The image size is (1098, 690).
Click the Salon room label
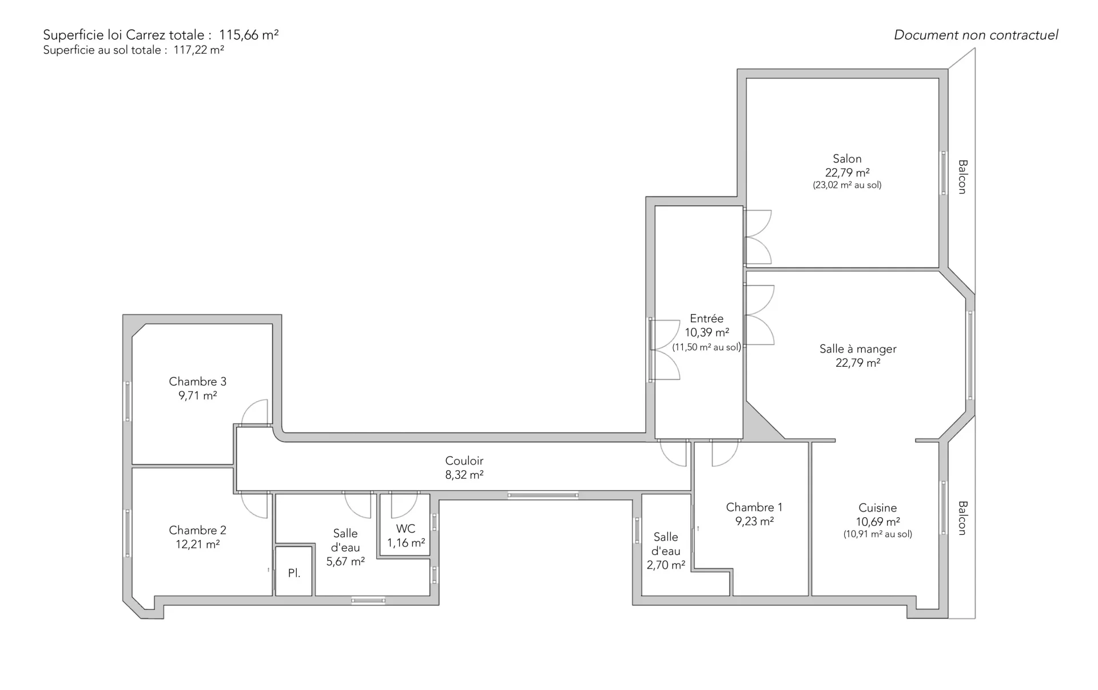[847, 158]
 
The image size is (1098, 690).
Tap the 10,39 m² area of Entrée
[707, 332]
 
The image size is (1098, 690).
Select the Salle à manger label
[858, 349]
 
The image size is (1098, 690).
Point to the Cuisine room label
[877, 507]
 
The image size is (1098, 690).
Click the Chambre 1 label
[754, 507]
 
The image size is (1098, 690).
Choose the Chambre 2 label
[197, 530]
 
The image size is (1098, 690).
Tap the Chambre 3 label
[197, 382]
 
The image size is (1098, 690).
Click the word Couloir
[464, 461]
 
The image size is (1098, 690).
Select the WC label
[405, 529]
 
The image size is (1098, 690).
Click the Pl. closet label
[294, 573]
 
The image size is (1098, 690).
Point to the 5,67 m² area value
[345, 562]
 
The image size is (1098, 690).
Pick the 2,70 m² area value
[666, 565]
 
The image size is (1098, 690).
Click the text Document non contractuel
[976, 35]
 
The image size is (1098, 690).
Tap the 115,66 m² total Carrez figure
[249, 35]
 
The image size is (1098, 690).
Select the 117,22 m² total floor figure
[198, 50]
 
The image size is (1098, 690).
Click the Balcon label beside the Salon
[962, 177]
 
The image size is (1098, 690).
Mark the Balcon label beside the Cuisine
[962, 518]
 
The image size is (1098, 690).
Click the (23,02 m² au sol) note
[847, 185]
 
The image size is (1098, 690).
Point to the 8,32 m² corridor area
[464, 475]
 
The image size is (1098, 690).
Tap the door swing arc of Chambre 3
[247, 407]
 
